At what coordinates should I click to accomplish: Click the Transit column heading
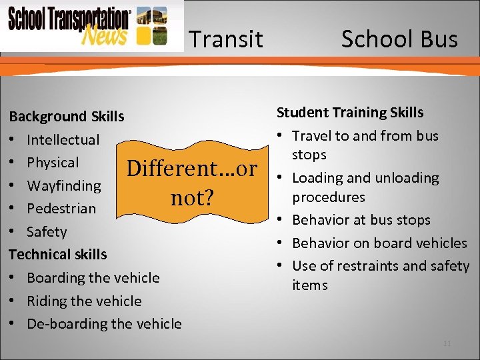(226, 39)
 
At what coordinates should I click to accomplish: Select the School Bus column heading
(399, 39)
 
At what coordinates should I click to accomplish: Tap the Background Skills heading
(66, 117)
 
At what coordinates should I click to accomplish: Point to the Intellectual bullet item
(63, 140)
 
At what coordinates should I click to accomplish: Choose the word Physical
(53, 163)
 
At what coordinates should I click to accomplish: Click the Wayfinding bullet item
(63, 185)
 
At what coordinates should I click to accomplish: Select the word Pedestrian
(61, 209)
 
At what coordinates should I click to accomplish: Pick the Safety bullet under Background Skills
(47, 232)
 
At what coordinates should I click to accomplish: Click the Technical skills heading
(57, 255)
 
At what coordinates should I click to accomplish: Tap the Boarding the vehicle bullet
(93, 278)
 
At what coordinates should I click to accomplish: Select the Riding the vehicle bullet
(84, 301)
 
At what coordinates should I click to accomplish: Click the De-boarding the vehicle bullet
(104, 324)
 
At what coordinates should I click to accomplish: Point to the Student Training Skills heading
(350, 113)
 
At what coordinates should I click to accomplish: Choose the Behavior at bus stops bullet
(361, 220)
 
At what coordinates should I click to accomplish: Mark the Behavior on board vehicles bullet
(379, 243)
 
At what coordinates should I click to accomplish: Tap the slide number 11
(447, 343)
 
